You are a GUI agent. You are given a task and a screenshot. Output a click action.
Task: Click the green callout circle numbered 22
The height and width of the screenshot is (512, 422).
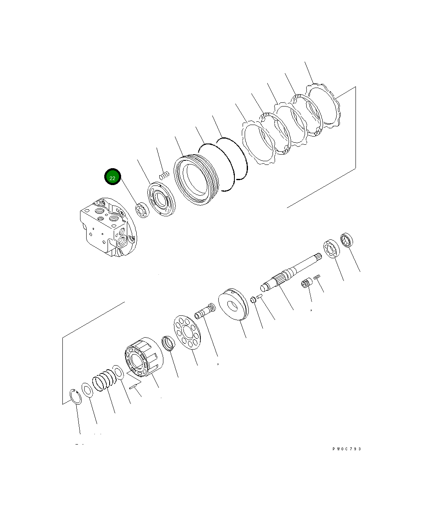click(x=112, y=177)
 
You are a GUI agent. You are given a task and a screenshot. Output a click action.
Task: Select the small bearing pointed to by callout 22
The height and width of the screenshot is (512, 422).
click(x=142, y=210)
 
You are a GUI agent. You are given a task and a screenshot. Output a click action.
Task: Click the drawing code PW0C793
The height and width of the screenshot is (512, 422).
click(x=346, y=449)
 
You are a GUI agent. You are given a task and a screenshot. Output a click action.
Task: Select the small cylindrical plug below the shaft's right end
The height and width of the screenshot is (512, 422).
click(x=306, y=284)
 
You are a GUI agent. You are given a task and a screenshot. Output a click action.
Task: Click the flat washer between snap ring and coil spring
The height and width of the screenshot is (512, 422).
click(x=87, y=390)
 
